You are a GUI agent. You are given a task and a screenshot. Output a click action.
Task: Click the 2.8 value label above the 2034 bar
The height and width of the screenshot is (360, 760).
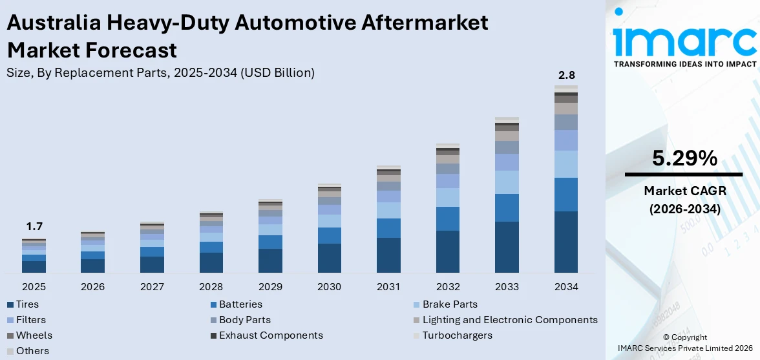(566, 76)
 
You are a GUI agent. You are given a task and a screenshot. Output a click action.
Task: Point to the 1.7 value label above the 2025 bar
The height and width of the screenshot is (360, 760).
(34, 227)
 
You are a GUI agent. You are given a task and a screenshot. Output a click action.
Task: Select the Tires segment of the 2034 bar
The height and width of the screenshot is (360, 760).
(566, 242)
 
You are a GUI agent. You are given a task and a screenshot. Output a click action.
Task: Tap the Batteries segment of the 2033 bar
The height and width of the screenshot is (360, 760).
(507, 207)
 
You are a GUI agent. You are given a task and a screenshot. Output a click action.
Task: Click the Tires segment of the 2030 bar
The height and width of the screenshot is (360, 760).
(329, 258)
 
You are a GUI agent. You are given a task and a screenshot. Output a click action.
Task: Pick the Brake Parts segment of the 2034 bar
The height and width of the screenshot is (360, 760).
(566, 164)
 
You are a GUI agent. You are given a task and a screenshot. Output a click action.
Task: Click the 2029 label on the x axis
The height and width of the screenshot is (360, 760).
(270, 286)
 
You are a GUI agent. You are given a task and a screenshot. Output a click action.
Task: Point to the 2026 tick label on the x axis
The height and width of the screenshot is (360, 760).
(92, 286)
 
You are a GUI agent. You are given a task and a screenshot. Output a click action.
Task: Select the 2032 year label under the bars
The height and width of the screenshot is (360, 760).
(448, 286)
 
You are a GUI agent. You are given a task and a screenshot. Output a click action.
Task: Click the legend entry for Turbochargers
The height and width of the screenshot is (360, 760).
(457, 335)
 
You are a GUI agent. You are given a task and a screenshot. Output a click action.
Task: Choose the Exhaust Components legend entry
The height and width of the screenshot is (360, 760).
(271, 335)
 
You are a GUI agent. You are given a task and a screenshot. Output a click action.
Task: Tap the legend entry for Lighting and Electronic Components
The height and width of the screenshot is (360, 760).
(509, 320)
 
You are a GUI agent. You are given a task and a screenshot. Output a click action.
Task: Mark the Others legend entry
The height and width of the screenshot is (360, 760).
(32, 351)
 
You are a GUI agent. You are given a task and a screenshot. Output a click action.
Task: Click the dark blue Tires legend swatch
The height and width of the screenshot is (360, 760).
(10, 304)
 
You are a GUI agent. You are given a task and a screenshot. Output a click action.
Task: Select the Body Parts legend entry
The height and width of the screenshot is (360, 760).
(244, 320)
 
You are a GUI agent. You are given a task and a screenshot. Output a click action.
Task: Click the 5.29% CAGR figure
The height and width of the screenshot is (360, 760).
(684, 158)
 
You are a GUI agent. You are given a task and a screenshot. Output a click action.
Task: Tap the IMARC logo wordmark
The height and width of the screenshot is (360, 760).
(684, 40)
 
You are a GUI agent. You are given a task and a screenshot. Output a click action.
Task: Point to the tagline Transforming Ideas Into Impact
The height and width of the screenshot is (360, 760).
(684, 64)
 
